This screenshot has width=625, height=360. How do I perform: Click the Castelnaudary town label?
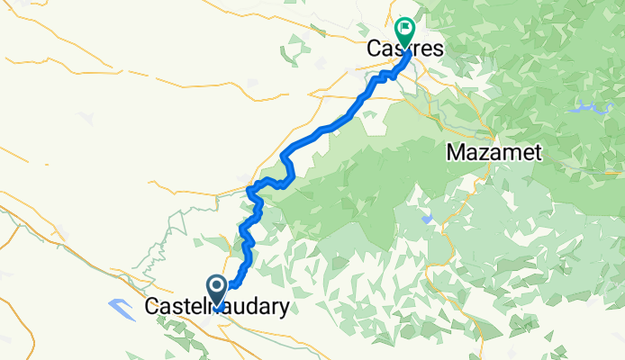(217, 308)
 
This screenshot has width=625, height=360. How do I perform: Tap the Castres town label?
(404, 50)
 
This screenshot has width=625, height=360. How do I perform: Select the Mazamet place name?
(494, 153)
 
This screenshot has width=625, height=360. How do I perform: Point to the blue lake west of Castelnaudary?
(122, 308)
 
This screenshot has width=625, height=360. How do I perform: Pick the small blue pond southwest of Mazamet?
(426, 218)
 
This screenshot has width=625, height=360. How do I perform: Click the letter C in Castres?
(374, 50)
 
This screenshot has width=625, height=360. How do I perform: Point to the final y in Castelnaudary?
(285, 310)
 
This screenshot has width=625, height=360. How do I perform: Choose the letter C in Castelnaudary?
(151, 308)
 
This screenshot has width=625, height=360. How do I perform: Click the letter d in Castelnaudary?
(255, 308)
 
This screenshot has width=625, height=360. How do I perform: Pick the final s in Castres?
(438, 51)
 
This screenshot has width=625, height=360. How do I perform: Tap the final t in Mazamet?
(538, 153)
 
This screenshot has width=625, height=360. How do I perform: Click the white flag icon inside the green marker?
(404, 28)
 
